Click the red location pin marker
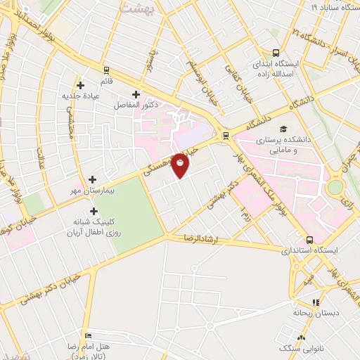[x=181, y=165]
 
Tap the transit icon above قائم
[x=106, y=70]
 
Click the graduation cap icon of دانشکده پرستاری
[x=283, y=129]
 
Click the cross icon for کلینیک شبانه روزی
[x=93, y=210]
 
